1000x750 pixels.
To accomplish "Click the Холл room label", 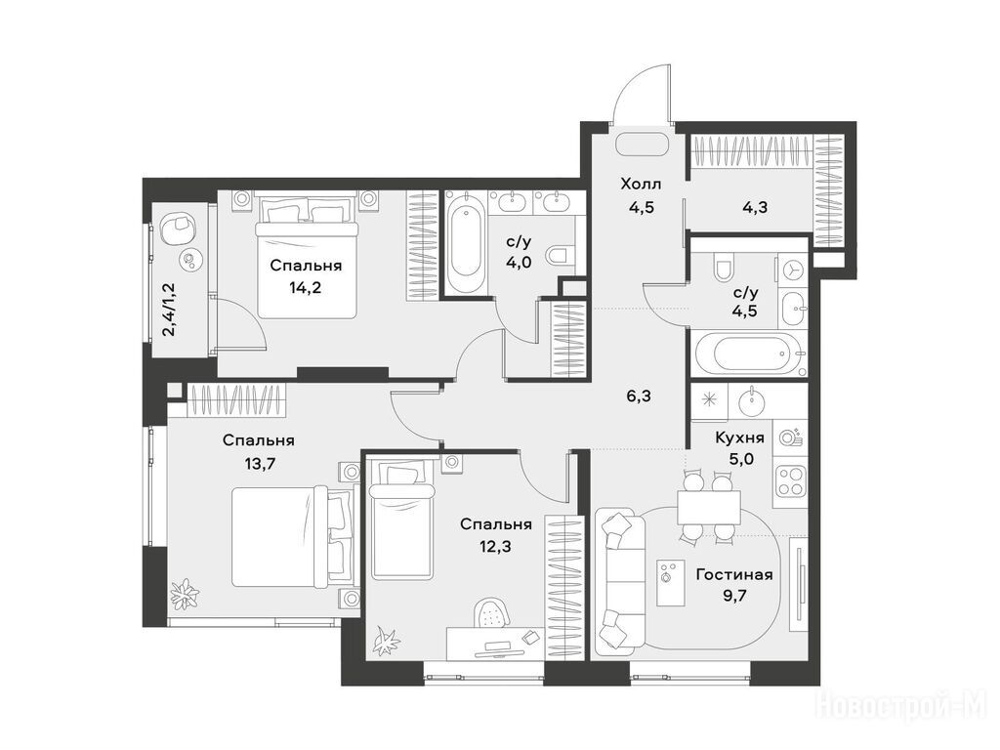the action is click(641, 185).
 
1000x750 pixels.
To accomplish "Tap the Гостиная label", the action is click(734, 574).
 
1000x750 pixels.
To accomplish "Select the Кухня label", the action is click(740, 438).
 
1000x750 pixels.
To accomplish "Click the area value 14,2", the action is click(305, 288).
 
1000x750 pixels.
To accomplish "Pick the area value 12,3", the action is click(496, 547).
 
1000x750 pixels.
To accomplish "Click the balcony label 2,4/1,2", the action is click(169, 310).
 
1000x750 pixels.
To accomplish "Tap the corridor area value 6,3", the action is click(639, 396).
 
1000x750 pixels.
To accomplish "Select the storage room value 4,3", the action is click(755, 207).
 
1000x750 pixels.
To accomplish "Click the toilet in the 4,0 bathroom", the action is click(560, 255).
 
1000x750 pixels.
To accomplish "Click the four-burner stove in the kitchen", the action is click(789, 479).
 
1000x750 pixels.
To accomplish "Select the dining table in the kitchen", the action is click(709, 508).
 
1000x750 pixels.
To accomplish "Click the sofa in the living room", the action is click(620, 580).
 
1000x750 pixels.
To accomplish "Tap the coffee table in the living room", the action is click(670, 583).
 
